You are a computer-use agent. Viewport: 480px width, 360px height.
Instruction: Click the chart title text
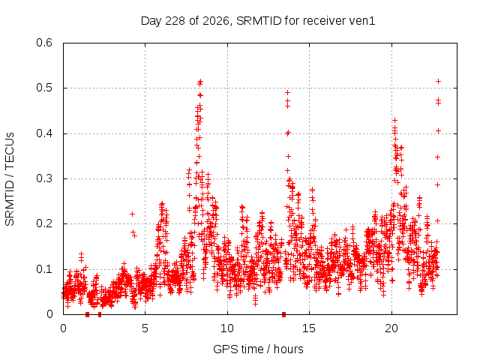pos(258,21)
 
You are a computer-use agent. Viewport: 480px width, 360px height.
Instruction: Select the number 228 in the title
pos(175,21)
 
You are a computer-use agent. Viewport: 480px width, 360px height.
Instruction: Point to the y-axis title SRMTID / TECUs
pos(10,179)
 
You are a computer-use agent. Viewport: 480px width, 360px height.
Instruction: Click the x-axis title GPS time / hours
pos(258,349)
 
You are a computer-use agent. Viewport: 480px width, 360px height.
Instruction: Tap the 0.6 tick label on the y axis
pos(44,43)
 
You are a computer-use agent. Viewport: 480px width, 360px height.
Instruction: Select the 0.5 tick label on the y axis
pos(44,88)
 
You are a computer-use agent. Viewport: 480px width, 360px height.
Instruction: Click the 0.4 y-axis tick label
pos(44,133)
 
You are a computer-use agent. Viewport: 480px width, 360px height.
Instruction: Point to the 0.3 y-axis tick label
pos(44,178)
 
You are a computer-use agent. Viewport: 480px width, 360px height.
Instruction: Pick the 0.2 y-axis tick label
pos(44,223)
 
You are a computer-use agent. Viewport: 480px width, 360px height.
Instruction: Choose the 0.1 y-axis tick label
pos(44,269)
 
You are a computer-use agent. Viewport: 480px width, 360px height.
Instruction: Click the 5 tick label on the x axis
pos(145,328)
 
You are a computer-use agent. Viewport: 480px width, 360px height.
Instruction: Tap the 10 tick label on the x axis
pos(227,328)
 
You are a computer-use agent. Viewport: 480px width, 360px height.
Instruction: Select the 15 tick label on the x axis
pos(309,328)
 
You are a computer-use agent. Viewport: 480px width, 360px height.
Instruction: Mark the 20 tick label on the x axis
pos(391,328)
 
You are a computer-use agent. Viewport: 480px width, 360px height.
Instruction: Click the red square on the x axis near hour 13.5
pos(283,314)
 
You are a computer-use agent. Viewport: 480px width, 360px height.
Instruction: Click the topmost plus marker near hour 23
pos(438,82)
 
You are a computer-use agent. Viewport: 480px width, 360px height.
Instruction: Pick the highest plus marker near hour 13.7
pos(287,93)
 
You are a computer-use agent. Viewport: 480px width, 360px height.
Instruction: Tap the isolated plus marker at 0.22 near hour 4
pos(132,214)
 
